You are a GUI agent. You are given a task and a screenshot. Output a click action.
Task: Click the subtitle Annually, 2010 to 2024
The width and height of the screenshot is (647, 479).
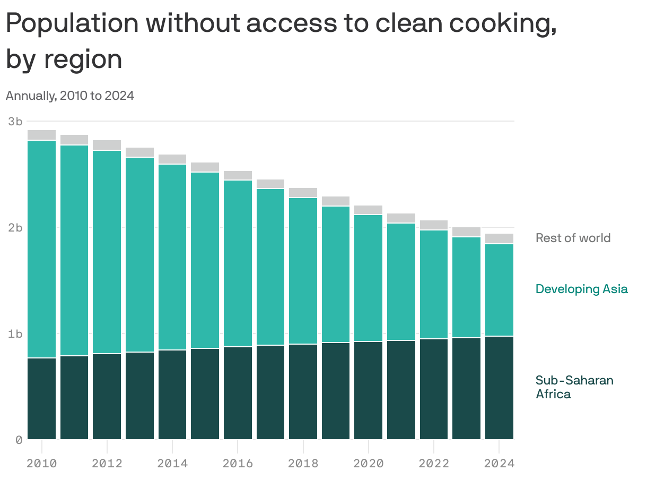point(69,96)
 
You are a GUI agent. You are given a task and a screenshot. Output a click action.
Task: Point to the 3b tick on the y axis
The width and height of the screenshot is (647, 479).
point(15,121)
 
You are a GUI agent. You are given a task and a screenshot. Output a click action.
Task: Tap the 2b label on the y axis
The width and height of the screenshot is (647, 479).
point(15,227)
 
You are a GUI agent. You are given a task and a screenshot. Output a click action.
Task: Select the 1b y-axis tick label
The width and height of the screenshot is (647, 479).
point(15,333)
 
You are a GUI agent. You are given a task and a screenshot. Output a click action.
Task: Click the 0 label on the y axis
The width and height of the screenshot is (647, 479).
point(19,440)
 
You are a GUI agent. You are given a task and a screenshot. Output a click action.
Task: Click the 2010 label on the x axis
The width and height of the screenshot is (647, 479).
point(42,463)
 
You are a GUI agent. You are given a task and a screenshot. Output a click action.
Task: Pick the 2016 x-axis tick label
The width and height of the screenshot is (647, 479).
point(238,463)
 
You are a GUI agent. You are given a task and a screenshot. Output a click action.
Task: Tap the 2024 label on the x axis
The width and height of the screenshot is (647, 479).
point(499,463)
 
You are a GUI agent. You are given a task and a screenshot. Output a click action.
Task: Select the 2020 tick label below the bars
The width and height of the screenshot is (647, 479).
point(369,463)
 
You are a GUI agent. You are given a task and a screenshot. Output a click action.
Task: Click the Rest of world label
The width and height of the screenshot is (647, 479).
point(573,238)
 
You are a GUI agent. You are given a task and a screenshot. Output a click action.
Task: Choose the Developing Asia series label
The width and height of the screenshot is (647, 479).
point(581,289)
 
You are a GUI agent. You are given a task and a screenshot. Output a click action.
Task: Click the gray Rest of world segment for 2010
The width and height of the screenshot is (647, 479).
point(42,135)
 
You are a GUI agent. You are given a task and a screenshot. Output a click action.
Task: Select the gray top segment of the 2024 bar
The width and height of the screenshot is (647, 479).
point(499,238)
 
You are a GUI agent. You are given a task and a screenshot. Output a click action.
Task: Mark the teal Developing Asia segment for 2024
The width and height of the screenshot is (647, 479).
point(499,289)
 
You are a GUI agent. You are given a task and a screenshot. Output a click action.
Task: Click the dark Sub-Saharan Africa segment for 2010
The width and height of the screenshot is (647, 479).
point(42,398)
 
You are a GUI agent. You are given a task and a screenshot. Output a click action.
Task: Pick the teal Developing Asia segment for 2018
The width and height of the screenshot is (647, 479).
point(303,271)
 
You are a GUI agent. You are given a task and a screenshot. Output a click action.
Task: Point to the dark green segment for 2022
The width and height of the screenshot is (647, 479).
point(434,389)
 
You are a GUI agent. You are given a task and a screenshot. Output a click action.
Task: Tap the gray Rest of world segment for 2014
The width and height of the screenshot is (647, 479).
point(172,159)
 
